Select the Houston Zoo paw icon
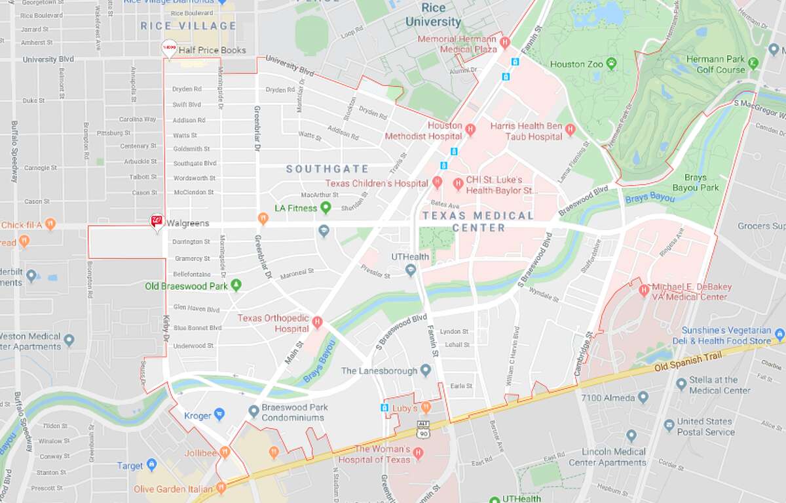(611, 64)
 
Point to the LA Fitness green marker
(325, 208)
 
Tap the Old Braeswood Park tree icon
(236, 285)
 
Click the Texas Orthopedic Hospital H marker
(317, 321)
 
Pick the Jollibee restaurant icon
(225, 451)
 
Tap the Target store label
(130, 466)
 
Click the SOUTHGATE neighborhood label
(327, 169)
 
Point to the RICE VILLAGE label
(188, 26)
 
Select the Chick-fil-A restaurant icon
(51, 224)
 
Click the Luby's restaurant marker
(426, 407)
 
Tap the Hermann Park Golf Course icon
(753, 64)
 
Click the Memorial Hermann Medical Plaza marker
(504, 43)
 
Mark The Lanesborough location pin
(426, 371)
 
